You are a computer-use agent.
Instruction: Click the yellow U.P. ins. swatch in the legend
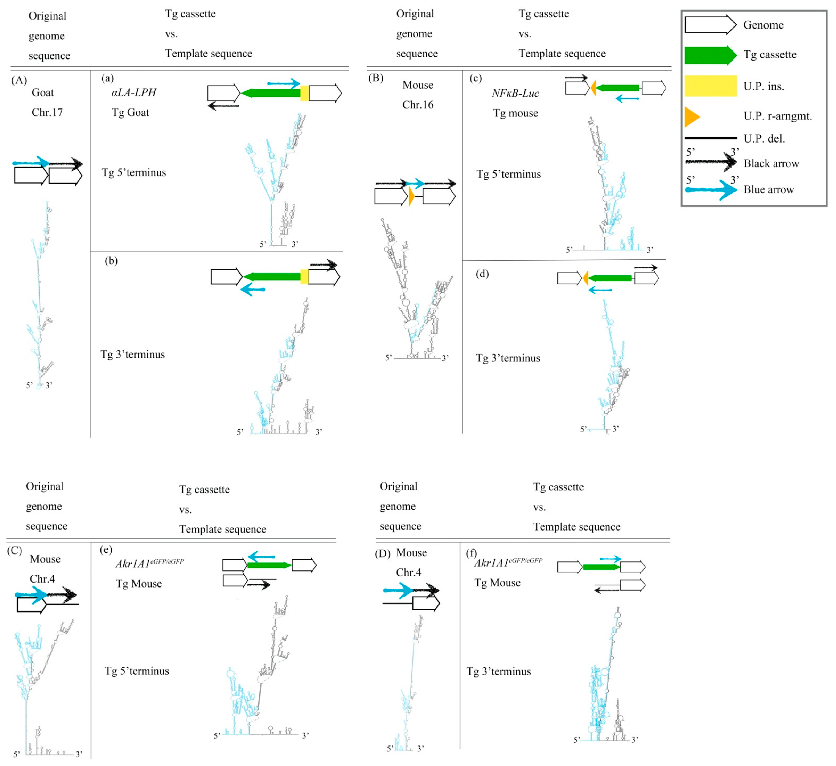[x=710, y=86]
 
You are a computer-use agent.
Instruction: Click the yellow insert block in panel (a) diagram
[x=304, y=93]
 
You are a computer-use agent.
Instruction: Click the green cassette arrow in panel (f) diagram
[x=601, y=567]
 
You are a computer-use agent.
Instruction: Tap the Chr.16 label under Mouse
[x=418, y=104]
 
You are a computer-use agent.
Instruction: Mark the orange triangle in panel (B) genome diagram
[x=411, y=196]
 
